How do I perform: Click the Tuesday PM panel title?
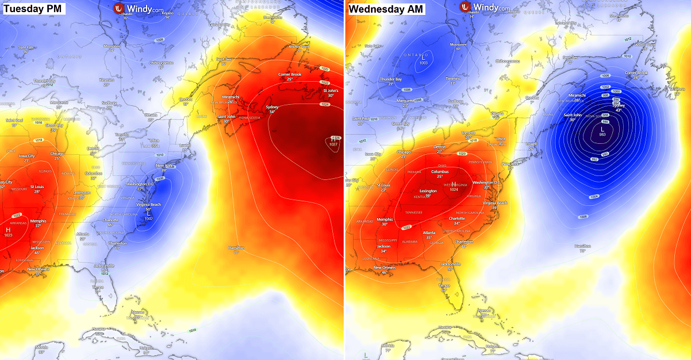pos(32,9)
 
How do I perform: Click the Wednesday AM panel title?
pos(386,9)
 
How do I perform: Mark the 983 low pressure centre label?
pos(602,133)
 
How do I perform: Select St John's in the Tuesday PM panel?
pos(330,90)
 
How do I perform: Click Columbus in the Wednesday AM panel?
pos(440,171)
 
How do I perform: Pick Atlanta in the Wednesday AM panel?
pos(429,232)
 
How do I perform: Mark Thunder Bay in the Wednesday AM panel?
pos(390,79)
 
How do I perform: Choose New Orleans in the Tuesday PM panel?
pos(39,269)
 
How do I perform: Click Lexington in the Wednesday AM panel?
pos(428,190)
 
